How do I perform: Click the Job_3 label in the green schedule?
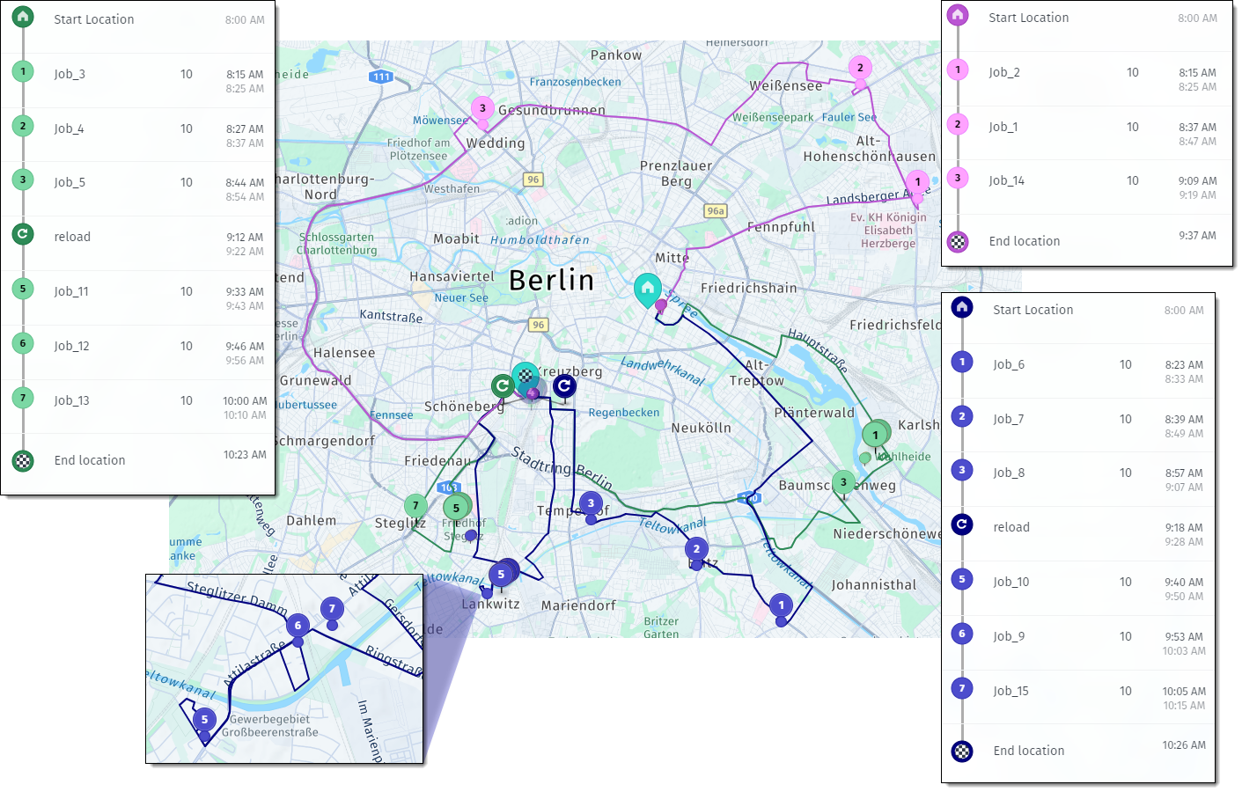(x=70, y=75)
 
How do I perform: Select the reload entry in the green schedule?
(x=72, y=238)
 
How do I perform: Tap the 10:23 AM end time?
(x=245, y=455)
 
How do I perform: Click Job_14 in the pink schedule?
(x=1006, y=181)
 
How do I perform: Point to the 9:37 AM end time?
(x=1197, y=236)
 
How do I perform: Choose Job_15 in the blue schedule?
(x=1011, y=692)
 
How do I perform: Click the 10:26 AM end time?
(x=1183, y=745)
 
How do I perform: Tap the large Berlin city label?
(x=552, y=281)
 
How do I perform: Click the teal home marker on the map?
(x=648, y=289)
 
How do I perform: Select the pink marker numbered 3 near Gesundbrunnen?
(x=482, y=108)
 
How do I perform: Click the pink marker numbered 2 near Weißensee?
(x=860, y=68)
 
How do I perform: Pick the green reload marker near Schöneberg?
(x=503, y=385)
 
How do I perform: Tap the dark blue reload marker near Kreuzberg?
(x=564, y=385)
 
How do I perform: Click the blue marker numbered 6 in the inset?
(x=298, y=626)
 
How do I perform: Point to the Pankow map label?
(x=616, y=55)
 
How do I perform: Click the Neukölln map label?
(x=701, y=429)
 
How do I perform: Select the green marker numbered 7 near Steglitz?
(x=415, y=505)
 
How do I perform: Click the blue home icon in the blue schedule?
(x=962, y=307)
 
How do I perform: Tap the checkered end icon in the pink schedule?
(x=958, y=241)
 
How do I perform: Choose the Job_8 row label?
(x=1009, y=473)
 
